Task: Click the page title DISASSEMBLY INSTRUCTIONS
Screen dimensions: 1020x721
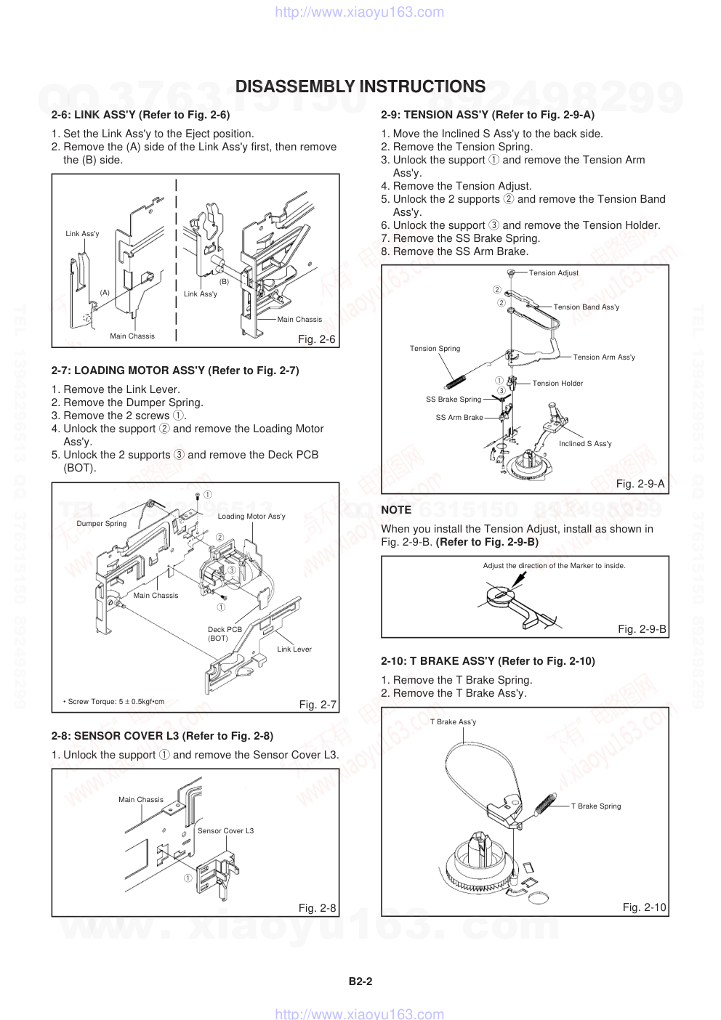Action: [x=360, y=87]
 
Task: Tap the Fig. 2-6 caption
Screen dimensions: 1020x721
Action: [x=317, y=339]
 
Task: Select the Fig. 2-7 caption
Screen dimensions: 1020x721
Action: [x=318, y=705]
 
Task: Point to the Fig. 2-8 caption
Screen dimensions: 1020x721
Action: [x=317, y=908]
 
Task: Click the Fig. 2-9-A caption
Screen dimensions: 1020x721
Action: [x=640, y=484]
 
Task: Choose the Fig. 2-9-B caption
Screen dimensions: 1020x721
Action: [x=642, y=629]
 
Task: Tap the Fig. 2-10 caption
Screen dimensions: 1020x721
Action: [x=644, y=907]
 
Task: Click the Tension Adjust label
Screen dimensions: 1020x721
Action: [x=554, y=273]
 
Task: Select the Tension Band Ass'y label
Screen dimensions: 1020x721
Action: [x=587, y=307]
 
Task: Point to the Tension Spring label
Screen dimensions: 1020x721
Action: [x=435, y=349]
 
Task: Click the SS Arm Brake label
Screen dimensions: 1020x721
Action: [x=459, y=418]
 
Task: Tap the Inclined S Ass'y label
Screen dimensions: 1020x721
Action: [x=585, y=444]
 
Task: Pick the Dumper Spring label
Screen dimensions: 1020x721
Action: [x=102, y=524]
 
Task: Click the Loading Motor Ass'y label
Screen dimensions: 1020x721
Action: [x=251, y=517]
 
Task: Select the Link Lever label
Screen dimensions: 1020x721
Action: [x=294, y=649]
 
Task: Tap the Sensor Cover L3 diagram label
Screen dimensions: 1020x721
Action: [x=226, y=831]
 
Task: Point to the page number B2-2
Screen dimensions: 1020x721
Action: [x=360, y=981]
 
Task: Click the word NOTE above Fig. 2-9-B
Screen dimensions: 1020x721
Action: [x=396, y=510]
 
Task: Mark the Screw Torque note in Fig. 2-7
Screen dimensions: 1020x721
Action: [x=114, y=702]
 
